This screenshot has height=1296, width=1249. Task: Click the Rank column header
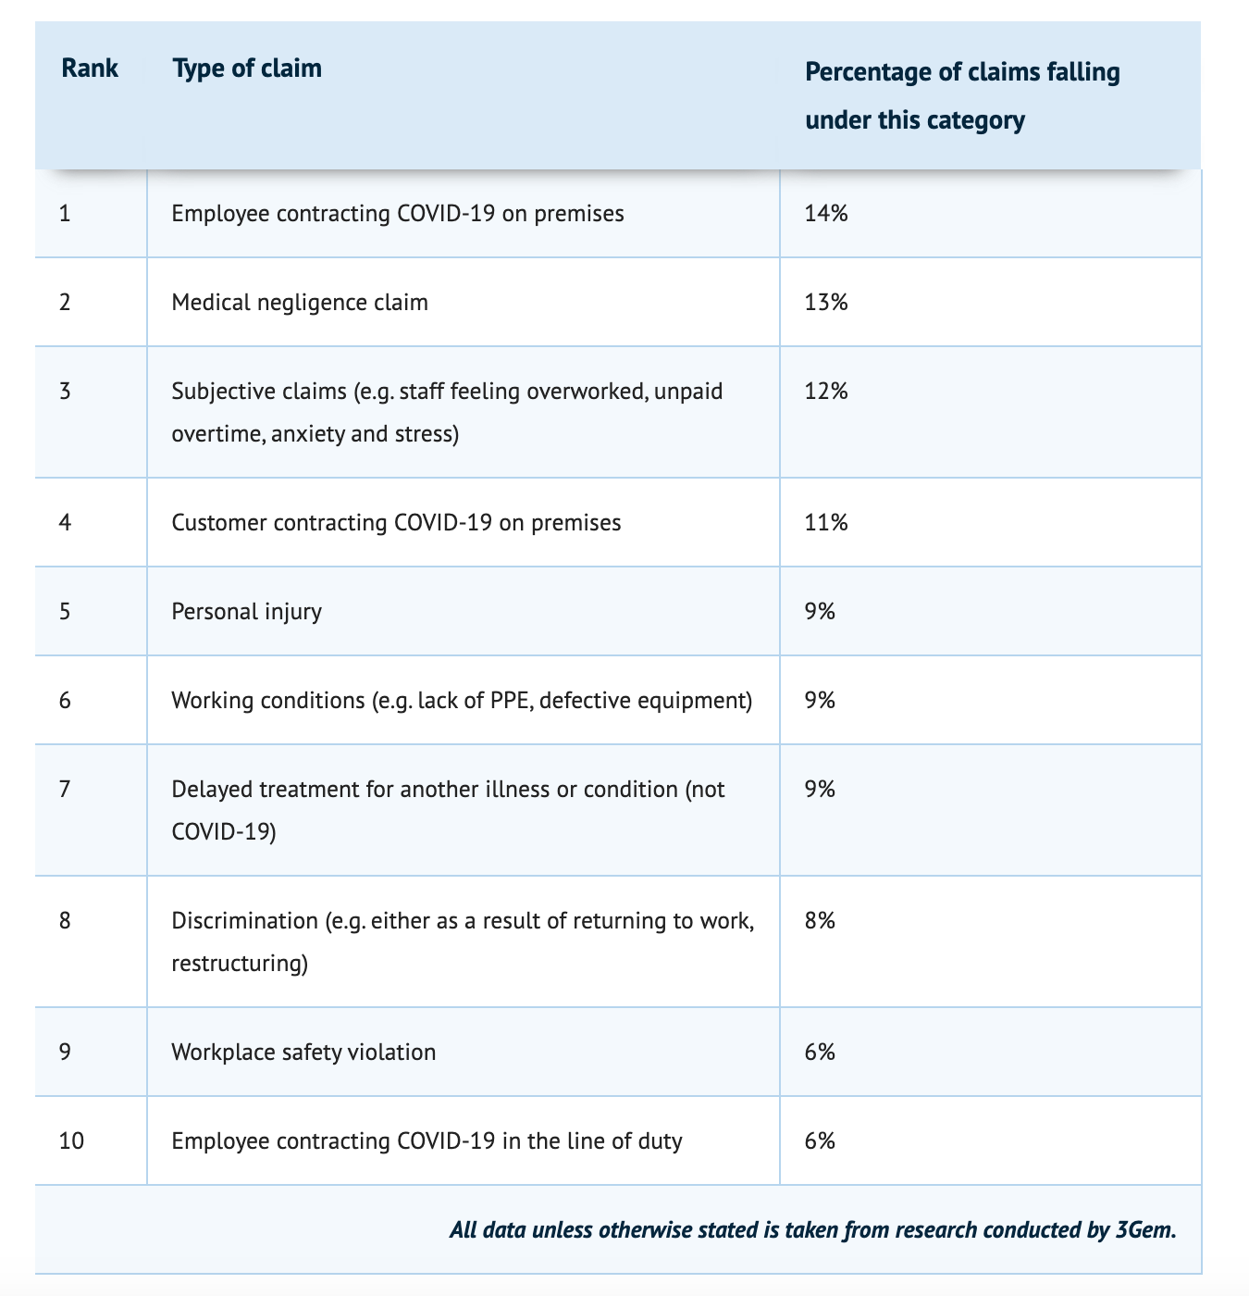click(x=89, y=68)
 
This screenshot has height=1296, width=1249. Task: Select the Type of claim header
click(x=247, y=68)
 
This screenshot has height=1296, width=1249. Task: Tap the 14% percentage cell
click(x=826, y=213)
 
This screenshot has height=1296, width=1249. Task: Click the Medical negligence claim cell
click(x=300, y=303)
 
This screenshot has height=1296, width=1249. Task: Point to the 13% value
click(x=826, y=303)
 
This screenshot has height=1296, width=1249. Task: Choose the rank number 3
click(x=65, y=391)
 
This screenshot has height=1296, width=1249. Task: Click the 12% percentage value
click(x=826, y=391)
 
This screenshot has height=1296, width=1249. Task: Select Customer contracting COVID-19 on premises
click(x=396, y=523)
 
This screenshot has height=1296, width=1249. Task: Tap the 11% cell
click(x=826, y=523)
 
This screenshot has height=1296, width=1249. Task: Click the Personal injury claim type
click(x=246, y=611)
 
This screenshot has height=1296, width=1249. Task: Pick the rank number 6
click(x=65, y=701)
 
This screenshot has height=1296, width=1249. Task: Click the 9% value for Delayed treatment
click(x=820, y=790)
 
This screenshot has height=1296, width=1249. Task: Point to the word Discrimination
click(x=244, y=920)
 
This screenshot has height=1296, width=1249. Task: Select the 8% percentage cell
click(x=820, y=920)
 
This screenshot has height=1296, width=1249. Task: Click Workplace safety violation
click(x=303, y=1053)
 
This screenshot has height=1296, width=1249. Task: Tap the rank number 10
click(x=71, y=1140)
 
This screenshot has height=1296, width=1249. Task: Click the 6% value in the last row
click(x=820, y=1140)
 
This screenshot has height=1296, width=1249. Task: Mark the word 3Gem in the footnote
click(x=1145, y=1229)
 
